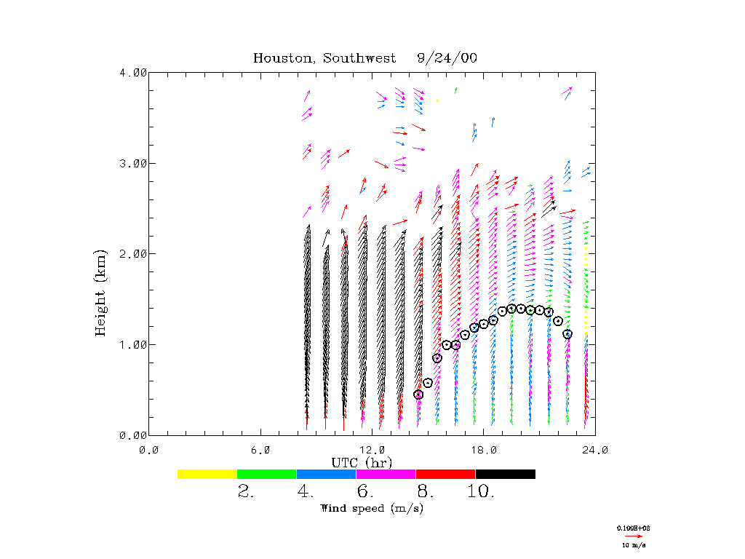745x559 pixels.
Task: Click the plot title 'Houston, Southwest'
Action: [324, 58]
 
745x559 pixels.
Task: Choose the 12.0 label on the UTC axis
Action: [372, 450]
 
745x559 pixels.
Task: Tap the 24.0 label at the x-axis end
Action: [594, 450]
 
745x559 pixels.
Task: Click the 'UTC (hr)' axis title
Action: [362, 462]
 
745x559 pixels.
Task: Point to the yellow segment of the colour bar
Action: [207, 474]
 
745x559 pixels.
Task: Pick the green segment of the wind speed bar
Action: [267, 474]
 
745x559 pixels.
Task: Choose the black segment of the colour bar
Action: [506, 474]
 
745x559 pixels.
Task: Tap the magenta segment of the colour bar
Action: [386, 474]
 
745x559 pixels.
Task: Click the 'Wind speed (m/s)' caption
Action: [372, 508]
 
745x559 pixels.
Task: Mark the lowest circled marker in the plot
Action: [418, 395]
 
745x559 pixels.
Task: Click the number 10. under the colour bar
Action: [481, 492]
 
